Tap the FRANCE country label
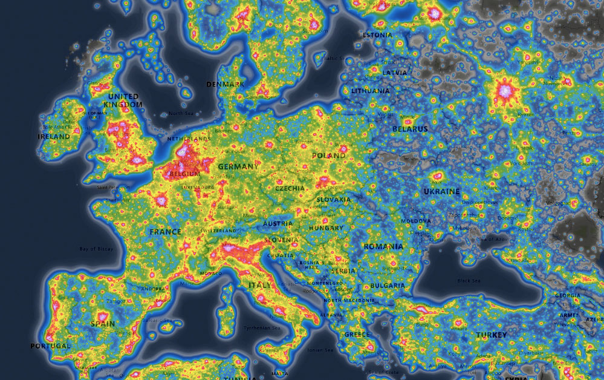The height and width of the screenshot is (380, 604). (x=165, y=232)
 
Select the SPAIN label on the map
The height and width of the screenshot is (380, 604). (x=103, y=324)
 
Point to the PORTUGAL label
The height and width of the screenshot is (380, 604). (x=50, y=346)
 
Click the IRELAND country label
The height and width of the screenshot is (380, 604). (x=54, y=137)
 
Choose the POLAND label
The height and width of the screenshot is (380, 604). (x=329, y=156)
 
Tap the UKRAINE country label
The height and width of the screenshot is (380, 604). (x=441, y=191)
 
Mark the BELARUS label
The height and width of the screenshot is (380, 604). (x=410, y=129)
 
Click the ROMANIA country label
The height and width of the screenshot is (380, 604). (x=383, y=247)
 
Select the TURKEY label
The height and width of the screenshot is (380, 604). (x=492, y=335)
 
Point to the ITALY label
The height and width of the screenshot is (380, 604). (x=261, y=284)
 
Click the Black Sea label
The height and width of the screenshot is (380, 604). (x=469, y=281)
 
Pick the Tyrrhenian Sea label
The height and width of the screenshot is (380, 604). (x=260, y=328)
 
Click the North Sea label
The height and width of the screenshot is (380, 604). (x=180, y=113)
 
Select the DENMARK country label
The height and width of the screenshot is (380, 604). (x=225, y=84)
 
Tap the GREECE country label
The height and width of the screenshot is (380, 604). (x=357, y=335)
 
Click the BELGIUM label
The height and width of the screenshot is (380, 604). (x=184, y=174)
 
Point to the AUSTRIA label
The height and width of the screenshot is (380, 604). (x=278, y=224)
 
